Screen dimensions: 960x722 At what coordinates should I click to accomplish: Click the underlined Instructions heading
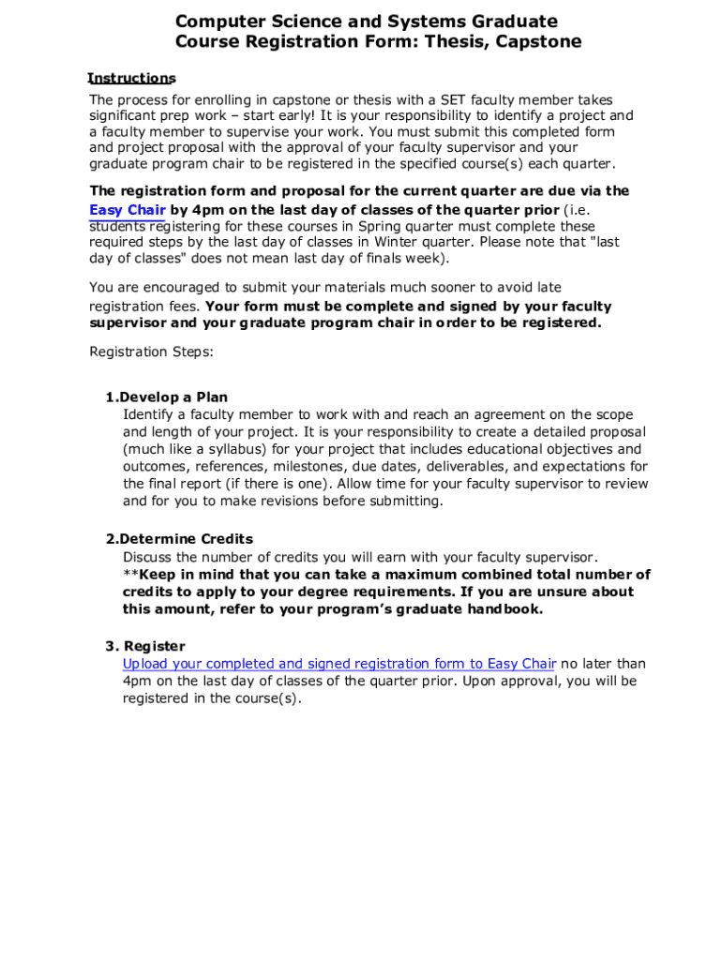pos(131,78)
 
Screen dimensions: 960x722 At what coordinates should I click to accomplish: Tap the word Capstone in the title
pos(537,41)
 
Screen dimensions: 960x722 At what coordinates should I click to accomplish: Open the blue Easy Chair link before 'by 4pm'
pos(128,210)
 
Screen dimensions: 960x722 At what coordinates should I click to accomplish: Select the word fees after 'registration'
pos(184,307)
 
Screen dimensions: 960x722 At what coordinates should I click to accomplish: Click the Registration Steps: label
pos(151,352)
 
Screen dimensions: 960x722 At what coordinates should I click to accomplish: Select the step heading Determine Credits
pos(186,539)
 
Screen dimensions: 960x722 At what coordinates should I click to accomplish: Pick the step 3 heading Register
pos(155,646)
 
